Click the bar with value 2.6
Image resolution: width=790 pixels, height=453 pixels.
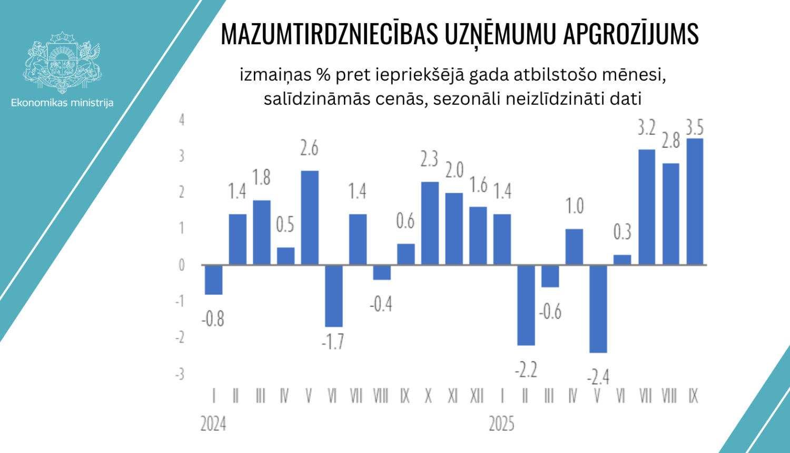(309, 217)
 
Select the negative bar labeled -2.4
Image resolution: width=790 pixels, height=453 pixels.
(598, 309)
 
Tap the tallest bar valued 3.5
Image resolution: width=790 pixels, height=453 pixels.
(695, 201)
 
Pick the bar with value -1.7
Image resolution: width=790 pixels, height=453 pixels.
(333, 296)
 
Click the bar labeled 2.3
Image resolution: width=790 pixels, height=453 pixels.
(430, 223)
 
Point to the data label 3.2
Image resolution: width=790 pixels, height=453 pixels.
(647, 128)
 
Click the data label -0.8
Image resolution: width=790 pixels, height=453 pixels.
(213, 319)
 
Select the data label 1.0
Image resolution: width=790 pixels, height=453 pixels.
(575, 206)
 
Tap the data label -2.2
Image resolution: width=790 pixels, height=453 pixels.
(526, 370)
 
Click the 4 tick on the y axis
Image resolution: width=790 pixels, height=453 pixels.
(182, 120)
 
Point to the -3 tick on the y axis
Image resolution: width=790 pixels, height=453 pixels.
(180, 374)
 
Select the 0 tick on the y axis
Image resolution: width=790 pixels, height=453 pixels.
(182, 265)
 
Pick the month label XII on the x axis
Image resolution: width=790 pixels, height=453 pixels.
(477, 396)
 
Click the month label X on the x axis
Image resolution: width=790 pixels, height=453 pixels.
(428, 396)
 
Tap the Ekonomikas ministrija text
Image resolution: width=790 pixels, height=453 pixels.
(62, 103)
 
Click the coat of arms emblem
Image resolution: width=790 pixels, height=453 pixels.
(62, 62)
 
